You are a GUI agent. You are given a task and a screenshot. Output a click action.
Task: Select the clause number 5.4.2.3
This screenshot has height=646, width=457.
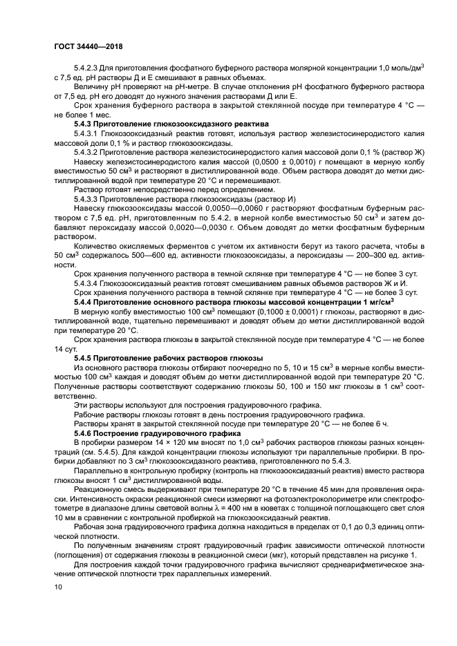click(89, 67)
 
